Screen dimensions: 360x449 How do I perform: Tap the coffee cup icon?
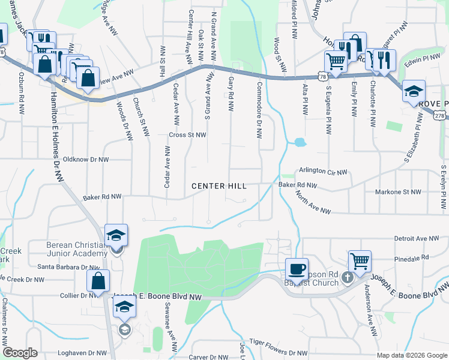[x=296, y=268]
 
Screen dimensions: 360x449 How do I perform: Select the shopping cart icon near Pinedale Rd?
[x=360, y=261]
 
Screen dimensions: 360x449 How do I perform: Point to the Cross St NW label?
[x=187, y=135]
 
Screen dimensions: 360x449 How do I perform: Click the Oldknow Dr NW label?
[x=82, y=160]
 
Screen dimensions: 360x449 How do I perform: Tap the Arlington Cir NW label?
[x=323, y=172]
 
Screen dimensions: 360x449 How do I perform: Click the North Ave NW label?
[x=313, y=202]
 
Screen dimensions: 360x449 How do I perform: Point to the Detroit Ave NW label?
[x=417, y=238]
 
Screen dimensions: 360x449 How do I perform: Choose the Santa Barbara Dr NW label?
[x=68, y=267]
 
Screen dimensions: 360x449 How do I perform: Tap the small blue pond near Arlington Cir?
[x=298, y=143]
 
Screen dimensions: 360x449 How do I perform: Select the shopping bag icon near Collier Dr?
[x=98, y=280]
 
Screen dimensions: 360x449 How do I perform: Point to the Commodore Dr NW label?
[x=259, y=110]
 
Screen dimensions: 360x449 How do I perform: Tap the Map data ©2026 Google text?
[x=412, y=355]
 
